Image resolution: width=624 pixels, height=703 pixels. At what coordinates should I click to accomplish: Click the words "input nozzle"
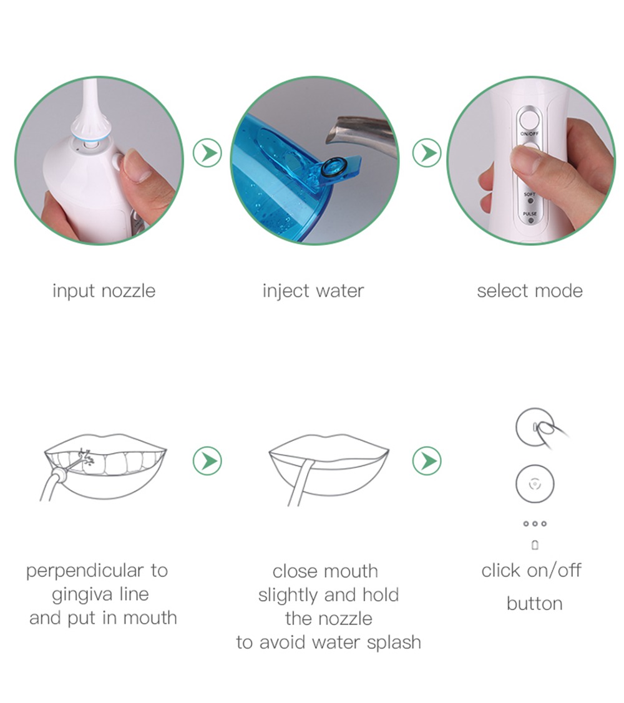(x=104, y=291)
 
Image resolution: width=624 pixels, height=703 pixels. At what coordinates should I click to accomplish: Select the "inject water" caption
(x=313, y=291)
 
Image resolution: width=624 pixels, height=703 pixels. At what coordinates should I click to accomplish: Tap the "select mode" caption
(x=529, y=291)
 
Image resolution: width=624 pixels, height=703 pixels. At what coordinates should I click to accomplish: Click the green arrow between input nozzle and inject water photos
(x=207, y=153)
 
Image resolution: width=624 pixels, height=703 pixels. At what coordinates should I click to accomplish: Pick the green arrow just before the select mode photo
(x=427, y=153)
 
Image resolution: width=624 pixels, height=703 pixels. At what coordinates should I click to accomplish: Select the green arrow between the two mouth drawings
(x=207, y=461)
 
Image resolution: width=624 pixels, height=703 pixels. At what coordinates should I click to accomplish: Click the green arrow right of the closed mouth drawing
(x=427, y=461)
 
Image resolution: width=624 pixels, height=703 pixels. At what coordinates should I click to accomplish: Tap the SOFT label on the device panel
(x=529, y=195)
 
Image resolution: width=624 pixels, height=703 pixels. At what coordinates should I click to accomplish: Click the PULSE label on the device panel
(x=529, y=214)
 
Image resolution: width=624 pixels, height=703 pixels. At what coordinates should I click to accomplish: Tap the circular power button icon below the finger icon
(x=535, y=483)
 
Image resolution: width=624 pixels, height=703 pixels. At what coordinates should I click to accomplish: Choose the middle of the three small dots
(x=535, y=524)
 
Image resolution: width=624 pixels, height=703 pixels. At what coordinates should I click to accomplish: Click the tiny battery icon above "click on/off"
(x=535, y=545)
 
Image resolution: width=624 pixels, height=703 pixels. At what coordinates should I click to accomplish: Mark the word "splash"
(x=393, y=642)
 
